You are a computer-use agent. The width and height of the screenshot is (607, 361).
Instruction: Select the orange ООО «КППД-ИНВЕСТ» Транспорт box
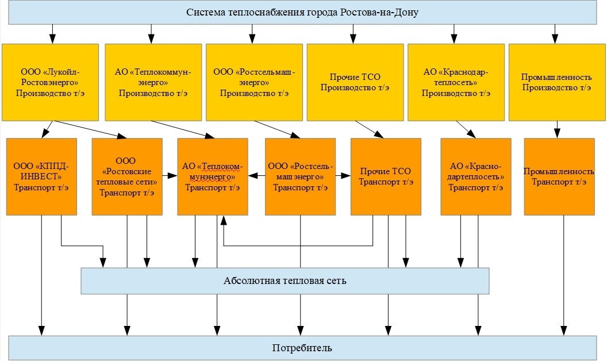point(41,176)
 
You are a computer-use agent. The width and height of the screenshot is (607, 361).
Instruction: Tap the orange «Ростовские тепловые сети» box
point(127,176)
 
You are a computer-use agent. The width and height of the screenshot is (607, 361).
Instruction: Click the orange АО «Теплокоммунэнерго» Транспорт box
point(213,176)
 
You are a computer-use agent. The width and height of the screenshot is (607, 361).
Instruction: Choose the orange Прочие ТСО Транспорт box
point(385,176)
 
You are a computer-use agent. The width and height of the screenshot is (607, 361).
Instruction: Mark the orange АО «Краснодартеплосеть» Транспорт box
point(475,176)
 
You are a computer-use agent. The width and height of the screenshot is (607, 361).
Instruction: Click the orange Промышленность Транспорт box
point(559,176)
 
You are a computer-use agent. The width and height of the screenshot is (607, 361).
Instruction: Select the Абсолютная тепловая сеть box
point(285,281)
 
